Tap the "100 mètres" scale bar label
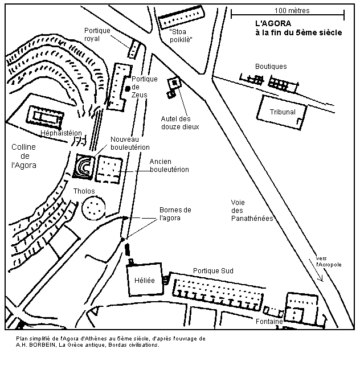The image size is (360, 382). [x=288, y=10]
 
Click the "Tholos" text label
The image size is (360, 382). [x=84, y=191]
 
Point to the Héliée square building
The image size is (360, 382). [x=145, y=280]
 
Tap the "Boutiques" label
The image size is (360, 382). [x=271, y=67]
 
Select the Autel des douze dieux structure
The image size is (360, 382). [x=173, y=85]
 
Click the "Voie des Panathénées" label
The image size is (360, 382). [x=252, y=210]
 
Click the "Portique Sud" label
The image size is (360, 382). [x=214, y=270]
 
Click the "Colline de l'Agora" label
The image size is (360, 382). [x=23, y=156]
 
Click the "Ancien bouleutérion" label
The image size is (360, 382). [x=169, y=166]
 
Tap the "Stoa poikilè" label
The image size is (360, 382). [x=177, y=36]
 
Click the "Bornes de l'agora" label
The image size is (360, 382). [x=175, y=213]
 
